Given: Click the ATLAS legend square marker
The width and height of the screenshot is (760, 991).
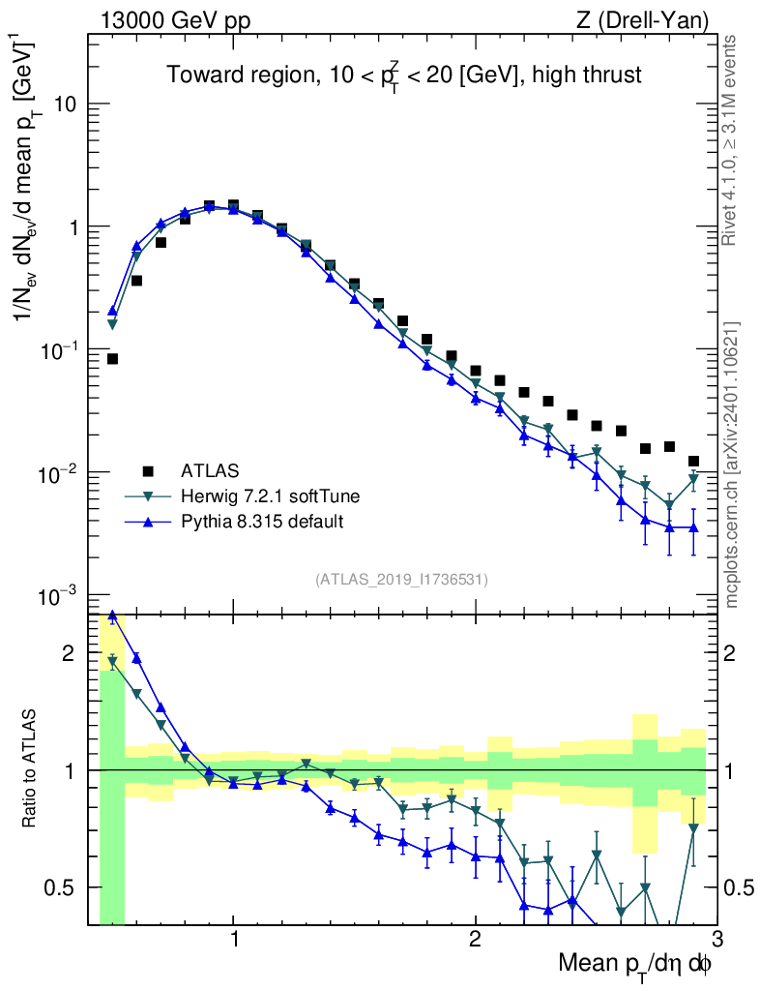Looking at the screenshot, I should pyautogui.click(x=148, y=471).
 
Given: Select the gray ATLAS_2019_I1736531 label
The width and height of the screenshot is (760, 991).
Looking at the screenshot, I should pyautogui.click(x=401, y=580).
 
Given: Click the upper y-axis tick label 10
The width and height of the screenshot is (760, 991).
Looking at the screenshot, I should pyautogui.click(x=64, y=105).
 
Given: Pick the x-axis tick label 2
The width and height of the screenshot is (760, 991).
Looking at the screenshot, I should pyautogui.click(x=475, y=939).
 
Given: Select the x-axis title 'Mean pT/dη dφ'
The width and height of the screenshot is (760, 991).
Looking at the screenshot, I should pyautogui.click(x=635, y=965).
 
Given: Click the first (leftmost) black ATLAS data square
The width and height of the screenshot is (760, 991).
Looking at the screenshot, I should pyautogui.click(x=112, y=359).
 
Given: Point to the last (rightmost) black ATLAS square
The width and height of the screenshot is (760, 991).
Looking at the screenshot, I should pyautogui.click(x=693, y=462).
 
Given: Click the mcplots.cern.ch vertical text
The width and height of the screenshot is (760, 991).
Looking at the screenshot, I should pyautogui.click(x=732, y=465).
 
